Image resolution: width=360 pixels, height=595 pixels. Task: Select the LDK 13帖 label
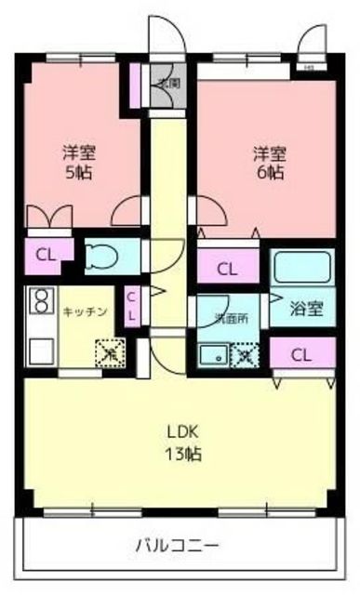point(183,443)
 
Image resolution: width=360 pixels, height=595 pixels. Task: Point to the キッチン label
point(87,312)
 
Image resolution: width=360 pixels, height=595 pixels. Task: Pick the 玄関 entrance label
point(167,82)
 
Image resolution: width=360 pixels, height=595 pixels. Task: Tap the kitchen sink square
point(40,350)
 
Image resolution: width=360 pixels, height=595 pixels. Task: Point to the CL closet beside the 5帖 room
point(44,255)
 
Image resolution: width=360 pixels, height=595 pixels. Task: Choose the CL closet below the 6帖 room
point(226,269)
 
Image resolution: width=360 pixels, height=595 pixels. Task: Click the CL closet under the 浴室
point(300,354)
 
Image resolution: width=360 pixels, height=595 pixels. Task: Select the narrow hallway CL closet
point(131,306)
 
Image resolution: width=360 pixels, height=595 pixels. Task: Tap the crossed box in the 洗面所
point(246,354)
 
